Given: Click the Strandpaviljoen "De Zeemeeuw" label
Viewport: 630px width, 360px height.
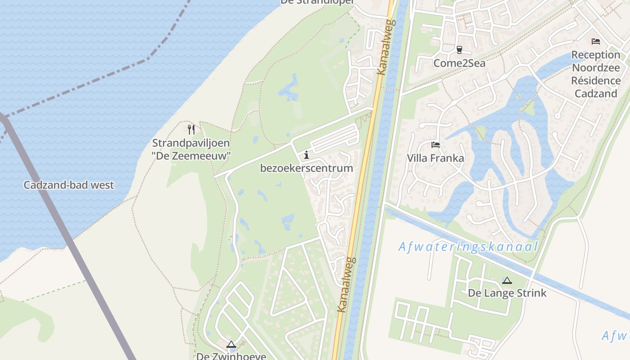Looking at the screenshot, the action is click(x=191, y=149).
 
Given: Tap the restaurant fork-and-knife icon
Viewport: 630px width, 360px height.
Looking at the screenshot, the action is click(x=191, y=130).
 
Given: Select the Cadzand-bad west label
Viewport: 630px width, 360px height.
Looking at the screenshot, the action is click(x=69, y=185).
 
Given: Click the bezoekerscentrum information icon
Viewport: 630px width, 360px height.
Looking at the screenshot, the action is click(x=306, y=155).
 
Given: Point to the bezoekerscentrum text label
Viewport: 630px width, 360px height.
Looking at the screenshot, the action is click(x=306, y=168).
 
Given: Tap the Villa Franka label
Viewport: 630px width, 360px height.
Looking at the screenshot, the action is click(x=435, y=158).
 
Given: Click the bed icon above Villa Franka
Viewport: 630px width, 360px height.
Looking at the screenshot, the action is click(x=435, y=145).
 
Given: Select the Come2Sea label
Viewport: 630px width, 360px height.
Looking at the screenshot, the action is click(x=459, y=63).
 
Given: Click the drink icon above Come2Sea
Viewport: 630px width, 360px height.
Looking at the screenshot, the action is click(x=459, y=49).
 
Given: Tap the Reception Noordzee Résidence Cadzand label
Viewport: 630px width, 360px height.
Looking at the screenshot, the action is click(x=595, y=74).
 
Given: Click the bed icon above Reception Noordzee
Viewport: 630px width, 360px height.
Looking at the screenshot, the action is click(x=595, y=41).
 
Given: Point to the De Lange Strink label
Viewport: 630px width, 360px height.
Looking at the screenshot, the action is click(x=507, y=293).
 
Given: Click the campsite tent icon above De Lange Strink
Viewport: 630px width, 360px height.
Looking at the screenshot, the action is click(x=507, y=280).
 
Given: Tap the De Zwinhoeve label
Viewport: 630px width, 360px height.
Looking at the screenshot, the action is click(x=231, y=356).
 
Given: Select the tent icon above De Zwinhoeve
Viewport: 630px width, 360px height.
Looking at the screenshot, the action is click(x=231, y=345).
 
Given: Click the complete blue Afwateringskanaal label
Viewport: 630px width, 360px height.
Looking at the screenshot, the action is click(x=468, y=247).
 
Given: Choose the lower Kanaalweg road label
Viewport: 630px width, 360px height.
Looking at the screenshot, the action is click(x=346, y=285).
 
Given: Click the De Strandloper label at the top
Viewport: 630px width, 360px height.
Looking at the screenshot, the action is click(x=317, y=2).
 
